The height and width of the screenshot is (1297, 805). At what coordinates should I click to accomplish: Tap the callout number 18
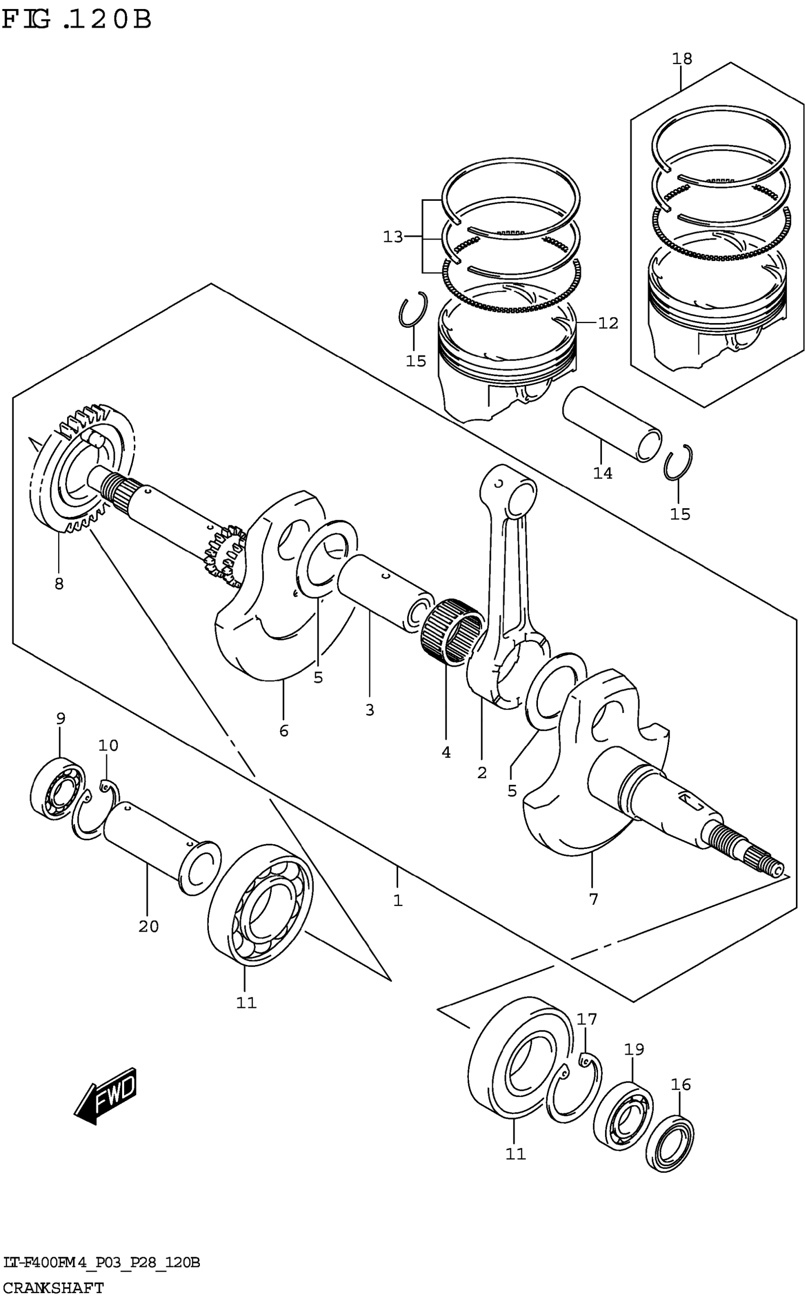[x=682, y=59]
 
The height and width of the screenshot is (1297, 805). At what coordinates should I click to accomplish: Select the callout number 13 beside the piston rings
[x=394, y=237]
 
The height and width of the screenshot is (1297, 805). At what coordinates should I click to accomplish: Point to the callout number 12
[x=608, y=323]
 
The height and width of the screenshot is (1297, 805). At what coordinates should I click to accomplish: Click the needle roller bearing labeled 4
[x=451, y=631]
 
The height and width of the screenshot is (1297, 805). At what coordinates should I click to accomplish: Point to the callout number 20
[x=149, y=927]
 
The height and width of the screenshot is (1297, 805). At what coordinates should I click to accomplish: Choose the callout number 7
[x=594, y=899]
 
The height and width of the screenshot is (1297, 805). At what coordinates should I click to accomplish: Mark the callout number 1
[x=398, y=901]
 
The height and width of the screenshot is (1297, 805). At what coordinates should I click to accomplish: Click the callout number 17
[x=587, y=1019]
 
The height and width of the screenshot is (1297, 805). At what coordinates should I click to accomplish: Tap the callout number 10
[x=108, y=746]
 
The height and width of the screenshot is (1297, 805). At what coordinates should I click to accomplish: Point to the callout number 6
[x=284, y=731]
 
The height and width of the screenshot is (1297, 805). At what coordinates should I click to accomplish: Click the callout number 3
[x=369, y=710]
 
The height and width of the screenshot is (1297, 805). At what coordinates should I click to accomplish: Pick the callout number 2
[x=482, y=773]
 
